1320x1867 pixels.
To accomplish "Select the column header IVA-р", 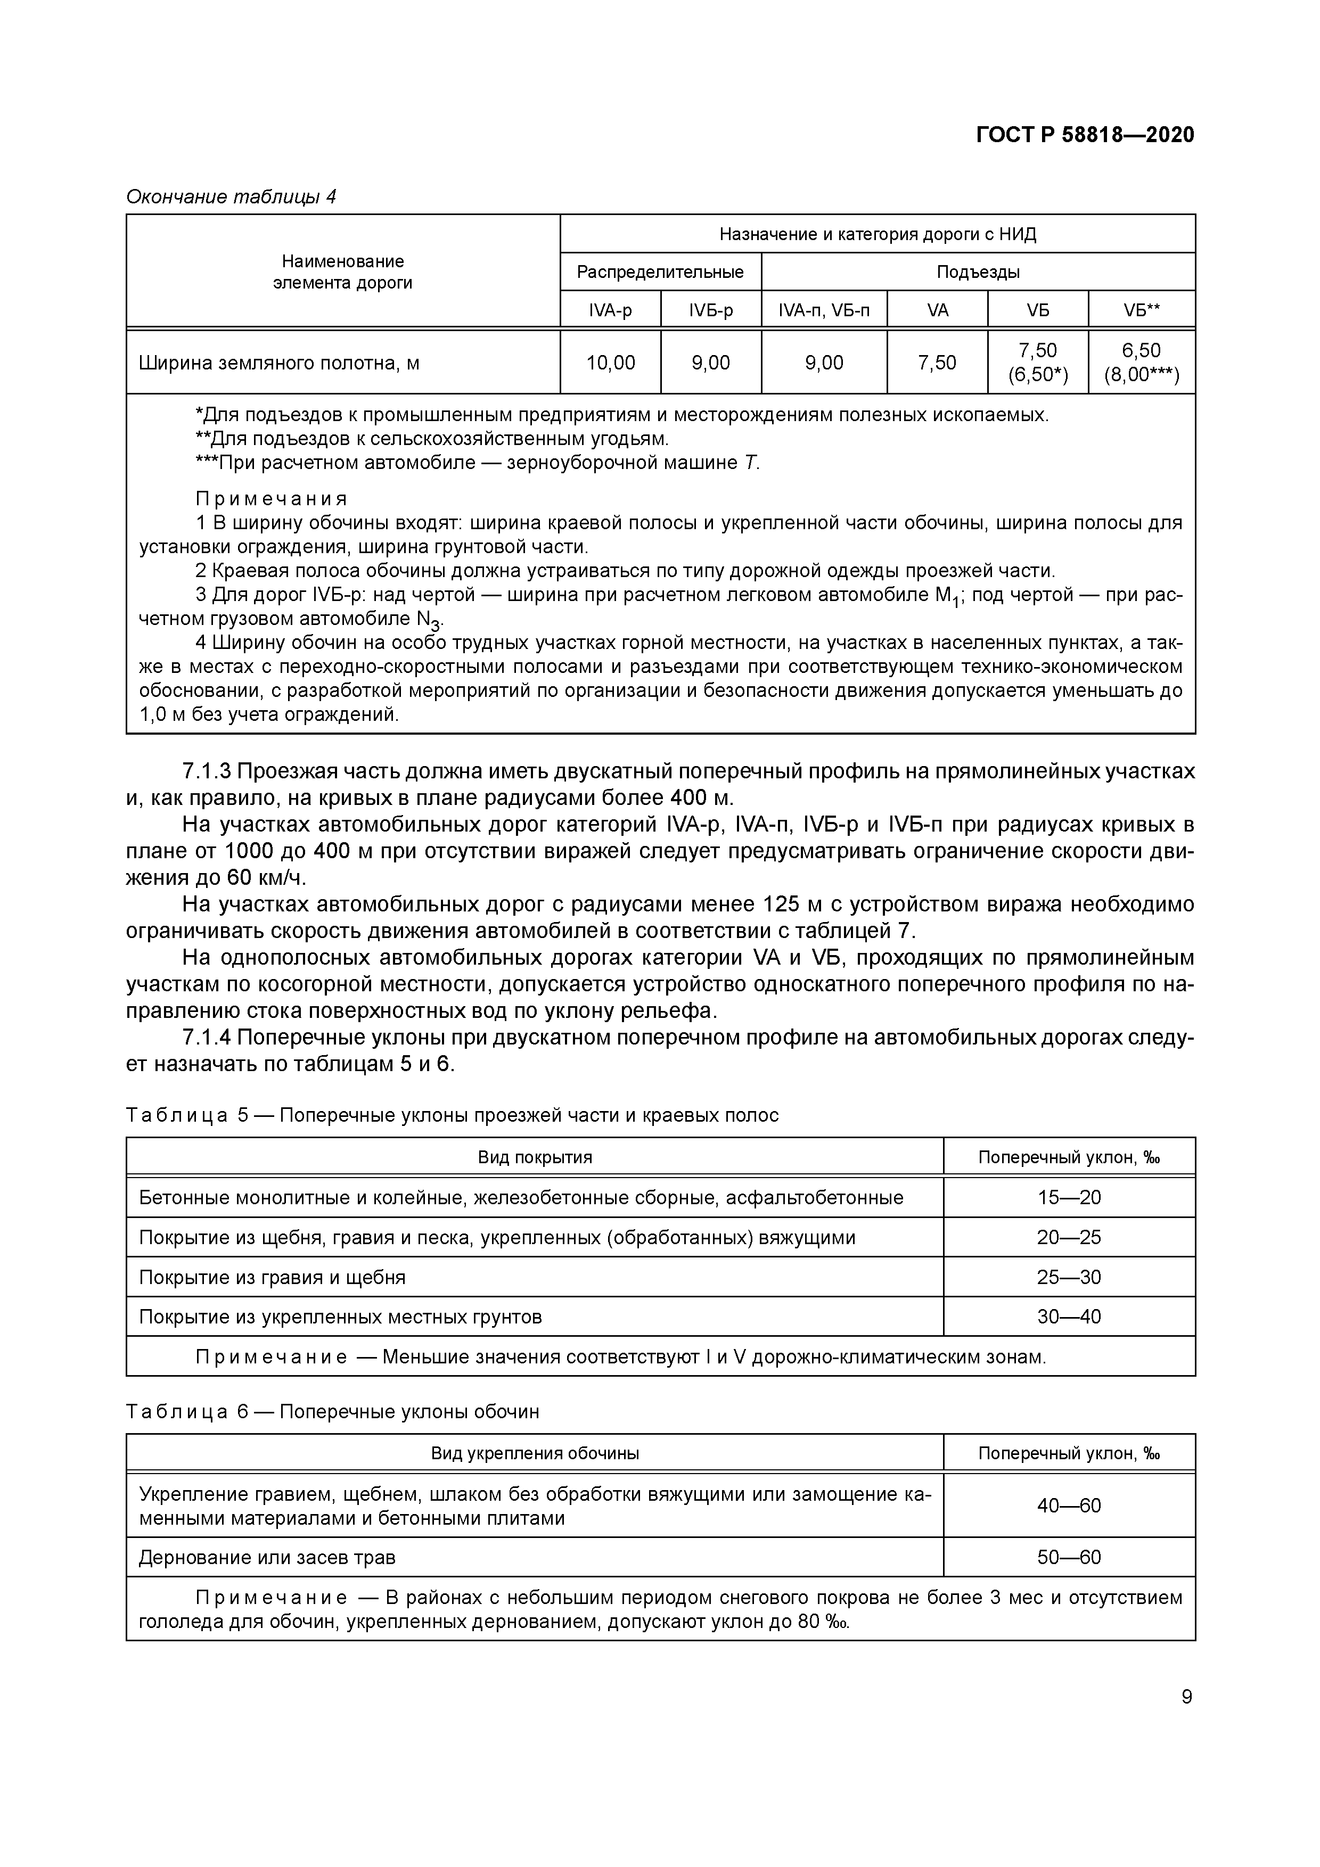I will (610, 310).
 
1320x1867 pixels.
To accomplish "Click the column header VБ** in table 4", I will (1141, 310).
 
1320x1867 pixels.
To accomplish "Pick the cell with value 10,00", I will (610, 363).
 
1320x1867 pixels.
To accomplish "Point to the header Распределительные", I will (660, 272).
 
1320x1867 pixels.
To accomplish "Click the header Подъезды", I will (978, 272).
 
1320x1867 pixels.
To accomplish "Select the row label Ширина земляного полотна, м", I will (279, 363).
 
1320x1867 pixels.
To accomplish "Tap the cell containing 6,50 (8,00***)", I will (1141, 363).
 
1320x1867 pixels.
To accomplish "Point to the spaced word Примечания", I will (271, 498).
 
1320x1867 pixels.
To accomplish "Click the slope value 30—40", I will (1068, 1317).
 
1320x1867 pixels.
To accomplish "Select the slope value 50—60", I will (1068, 1557).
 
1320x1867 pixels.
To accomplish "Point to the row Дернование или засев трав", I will (268, 1557).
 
